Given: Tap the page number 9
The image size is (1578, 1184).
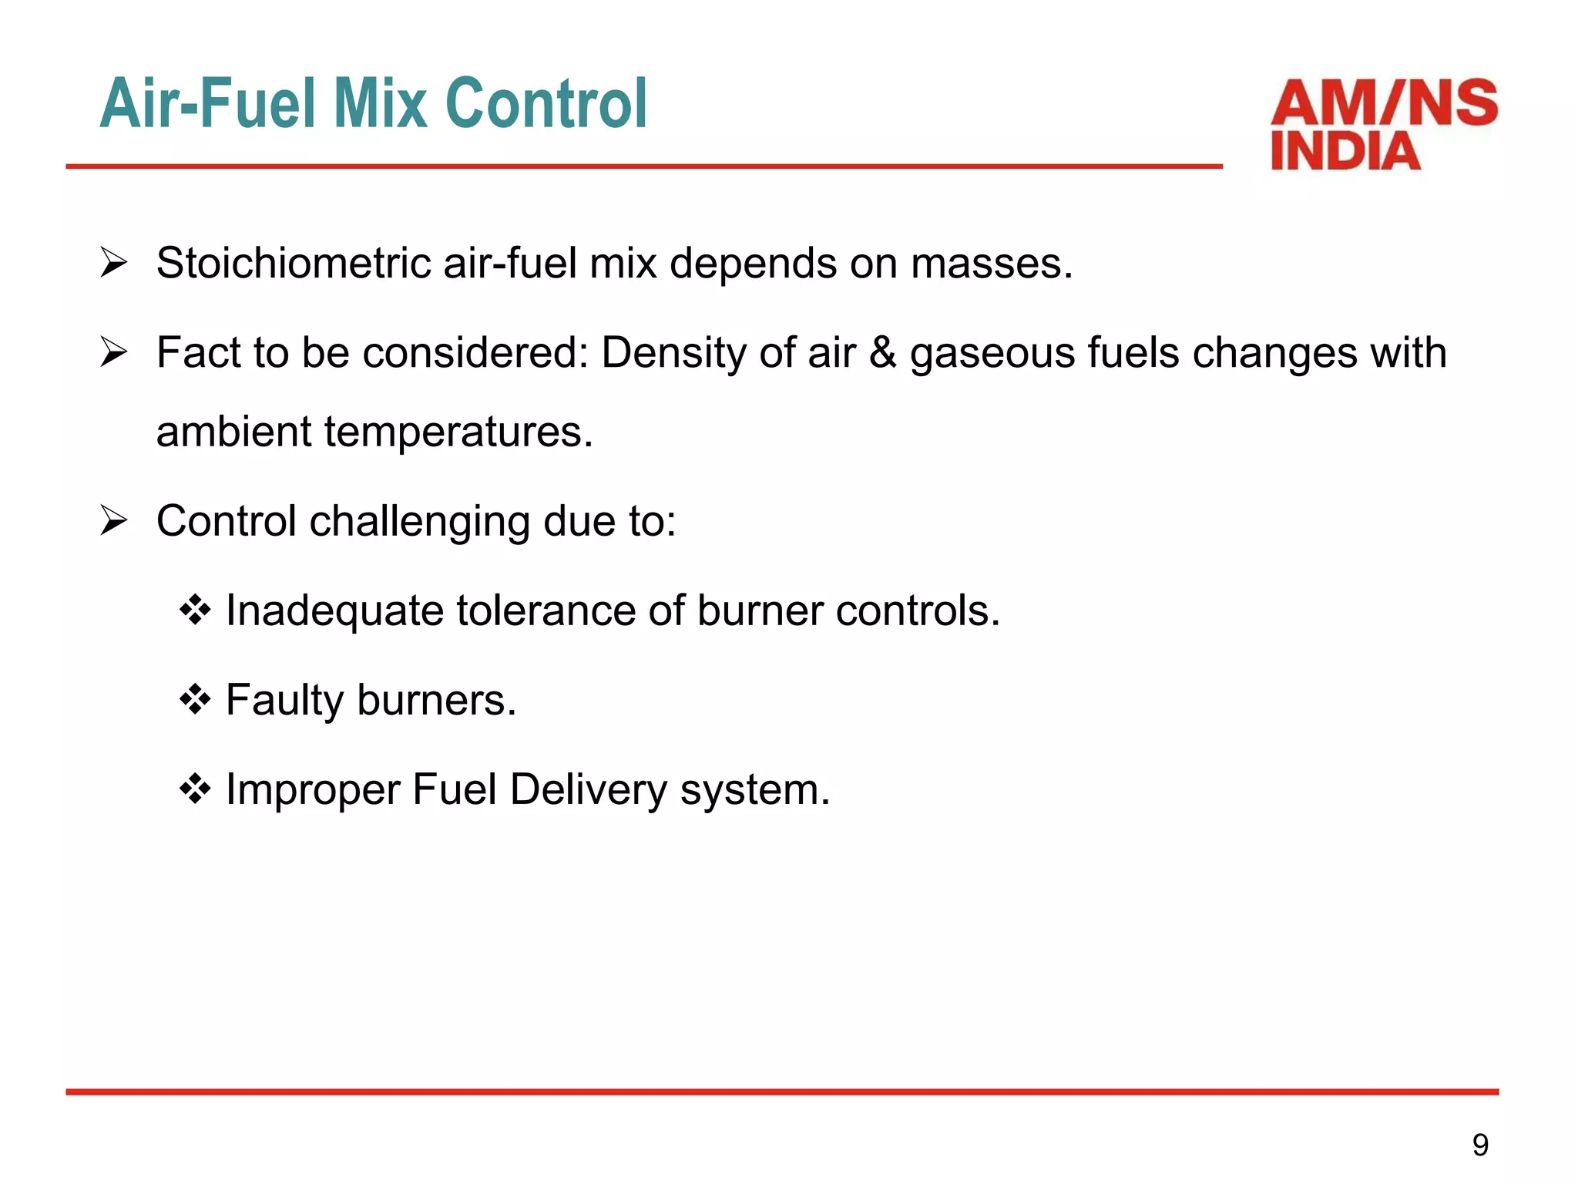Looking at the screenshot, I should coord(1480,1145).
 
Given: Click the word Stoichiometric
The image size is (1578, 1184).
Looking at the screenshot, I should coord(294,264).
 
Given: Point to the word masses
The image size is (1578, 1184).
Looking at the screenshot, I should coord(991,264).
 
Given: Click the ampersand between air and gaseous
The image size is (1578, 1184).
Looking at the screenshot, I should coord(883,353).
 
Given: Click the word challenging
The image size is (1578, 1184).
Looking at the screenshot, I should coord(419,522).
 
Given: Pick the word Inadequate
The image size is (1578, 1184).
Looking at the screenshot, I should coord(334,612).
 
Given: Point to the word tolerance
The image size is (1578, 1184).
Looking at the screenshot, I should coord(546,610).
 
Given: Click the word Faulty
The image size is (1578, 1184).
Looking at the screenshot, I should coord(284,701).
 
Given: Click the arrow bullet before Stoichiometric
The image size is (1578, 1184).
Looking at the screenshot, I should coord(114,264).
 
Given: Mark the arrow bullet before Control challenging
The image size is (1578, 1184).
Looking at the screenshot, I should coord(114,522).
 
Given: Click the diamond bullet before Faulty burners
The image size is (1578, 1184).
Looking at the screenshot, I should coord(195,700).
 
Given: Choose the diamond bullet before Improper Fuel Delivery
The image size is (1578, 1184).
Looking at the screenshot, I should coord(195,789).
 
